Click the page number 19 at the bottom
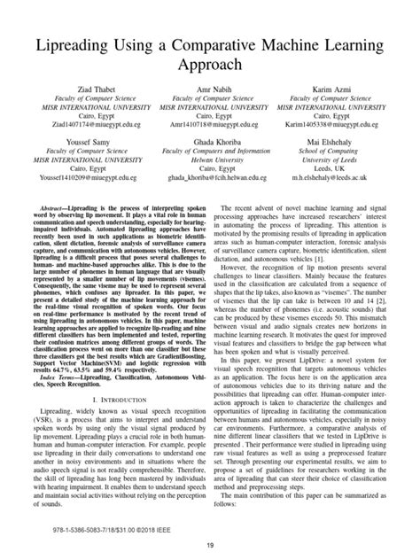point(210,545)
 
